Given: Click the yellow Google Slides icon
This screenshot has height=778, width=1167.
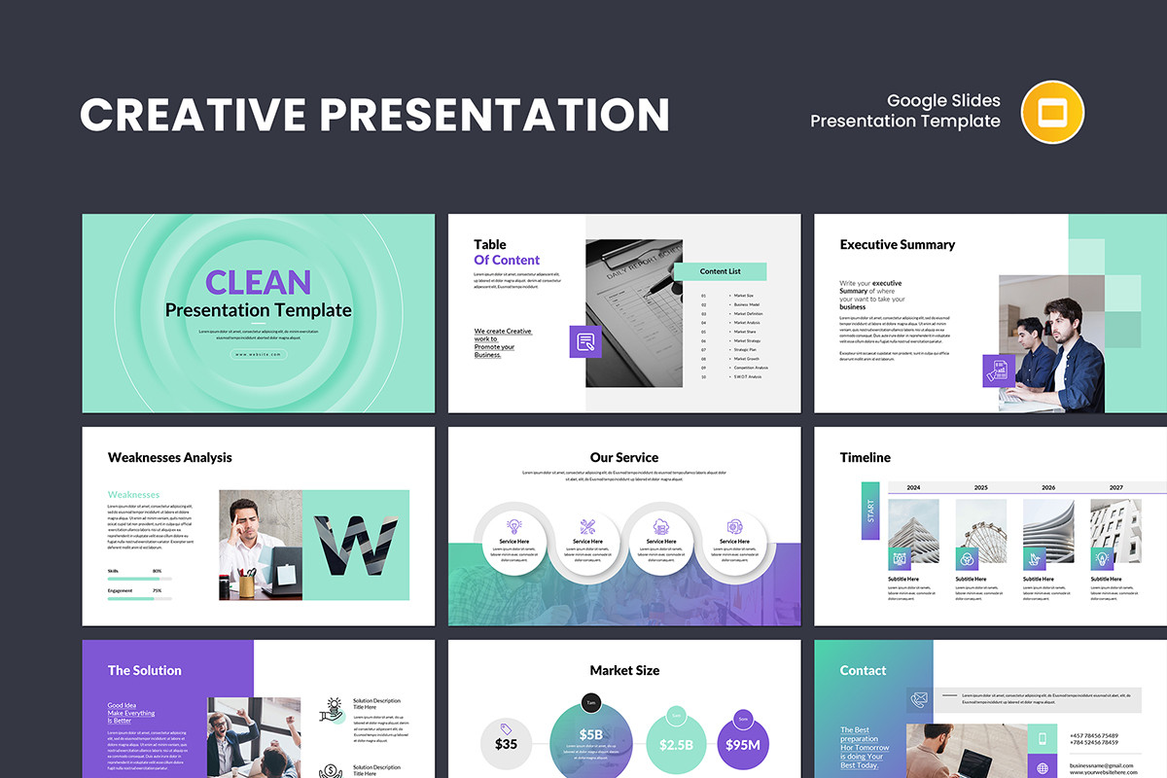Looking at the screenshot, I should pos(1052,112).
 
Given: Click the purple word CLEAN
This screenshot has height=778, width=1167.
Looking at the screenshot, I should pos(258,282).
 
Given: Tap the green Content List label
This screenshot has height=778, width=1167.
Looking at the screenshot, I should pos(720,271).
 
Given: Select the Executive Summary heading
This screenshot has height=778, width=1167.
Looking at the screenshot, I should pos(897,245).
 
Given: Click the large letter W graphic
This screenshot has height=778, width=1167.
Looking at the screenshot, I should pos(355,545).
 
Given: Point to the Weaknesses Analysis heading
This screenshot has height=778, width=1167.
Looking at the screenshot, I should pos(169,457).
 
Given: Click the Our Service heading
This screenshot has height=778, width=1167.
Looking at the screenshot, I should pos(623,457).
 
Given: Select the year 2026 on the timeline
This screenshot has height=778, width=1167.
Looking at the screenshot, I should pos(1048,487).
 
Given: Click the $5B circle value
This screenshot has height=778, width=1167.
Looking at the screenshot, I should pos(591,734).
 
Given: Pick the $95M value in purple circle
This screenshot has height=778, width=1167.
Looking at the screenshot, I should pos(742,744).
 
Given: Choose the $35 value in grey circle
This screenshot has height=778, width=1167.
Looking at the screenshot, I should pos(506,744).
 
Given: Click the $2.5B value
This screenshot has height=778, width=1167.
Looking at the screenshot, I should pos(675,744).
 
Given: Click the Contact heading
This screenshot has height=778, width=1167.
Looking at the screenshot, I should pos(863,670).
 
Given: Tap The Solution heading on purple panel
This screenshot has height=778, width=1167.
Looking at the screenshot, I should pos(144,670).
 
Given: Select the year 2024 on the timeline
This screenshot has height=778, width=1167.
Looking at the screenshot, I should pos(913,487).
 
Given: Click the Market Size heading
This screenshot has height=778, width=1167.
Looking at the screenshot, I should pos(623,670).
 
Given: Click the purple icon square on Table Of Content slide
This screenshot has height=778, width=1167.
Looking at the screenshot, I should pos(585,341).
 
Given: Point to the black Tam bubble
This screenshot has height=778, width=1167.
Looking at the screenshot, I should pos(591,701).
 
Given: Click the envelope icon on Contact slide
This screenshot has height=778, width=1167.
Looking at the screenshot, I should pos(919,697).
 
